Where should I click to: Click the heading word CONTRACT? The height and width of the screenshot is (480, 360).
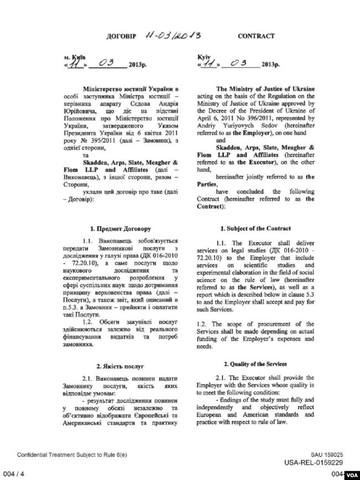pyautogui.click(x=256, y=36)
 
